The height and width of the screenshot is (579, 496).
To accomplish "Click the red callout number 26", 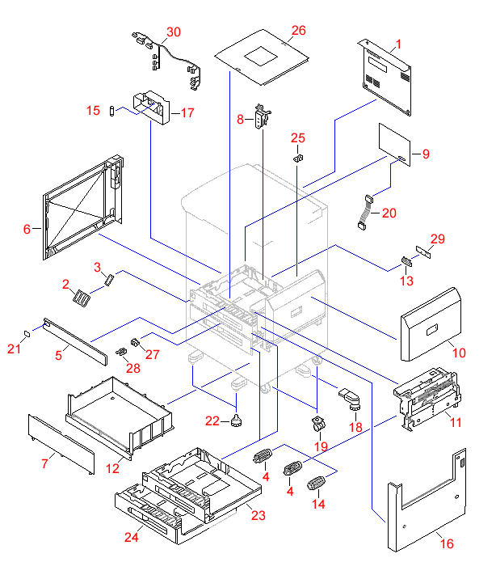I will point(299,31).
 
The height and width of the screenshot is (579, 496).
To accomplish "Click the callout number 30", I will point(174,32).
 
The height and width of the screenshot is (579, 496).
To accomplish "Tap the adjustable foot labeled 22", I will point(237,419).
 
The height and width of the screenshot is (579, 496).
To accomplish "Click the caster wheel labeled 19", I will point(318,422).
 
